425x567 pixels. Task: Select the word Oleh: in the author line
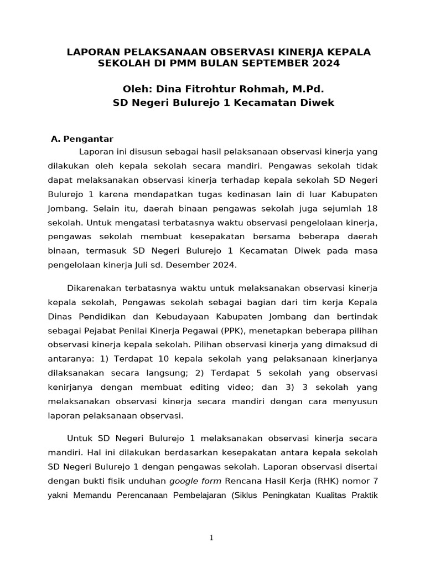pos(137,89)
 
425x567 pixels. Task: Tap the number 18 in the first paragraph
pos(372,208)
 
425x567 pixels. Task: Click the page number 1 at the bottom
pos(212,538)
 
